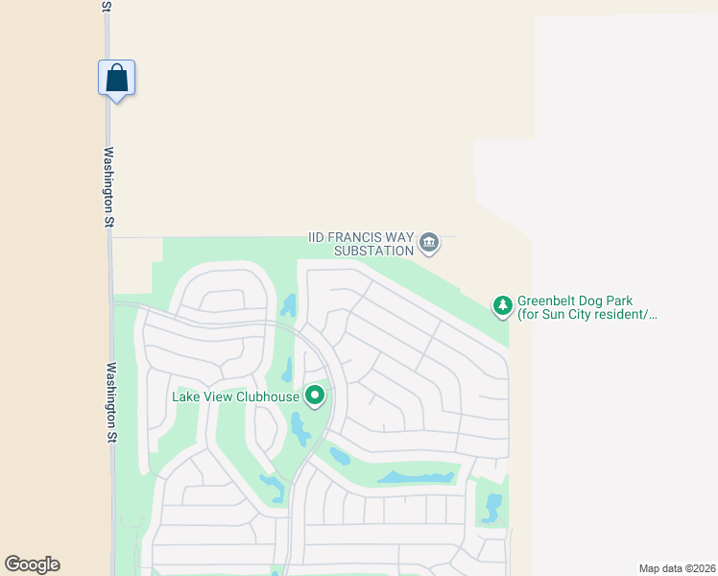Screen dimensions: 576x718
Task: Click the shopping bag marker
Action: pyautogui.click(x=116, y=78)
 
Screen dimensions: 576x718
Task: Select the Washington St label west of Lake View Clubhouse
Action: pyautogui.click(x=112, y=402)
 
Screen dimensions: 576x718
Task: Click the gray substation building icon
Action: pyautogui.click(x=429, y=244)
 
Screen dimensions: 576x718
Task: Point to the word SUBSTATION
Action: pyautogui.click(x=373, y=251)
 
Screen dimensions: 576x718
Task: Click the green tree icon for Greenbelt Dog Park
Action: pyautogui.click(x=502, y=306)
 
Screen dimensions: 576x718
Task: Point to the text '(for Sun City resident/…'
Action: pyautogui.click(x=586, y=314)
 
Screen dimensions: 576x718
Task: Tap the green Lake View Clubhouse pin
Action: pyautogui.click(x=314, y=395)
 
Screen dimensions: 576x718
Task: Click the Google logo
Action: pyautogui.click(x=32, y=564)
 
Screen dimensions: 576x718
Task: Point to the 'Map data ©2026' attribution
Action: pyautogui.click(x=677, y=568)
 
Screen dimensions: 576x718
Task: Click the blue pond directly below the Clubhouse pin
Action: pyautogui.click(x=300, y=429)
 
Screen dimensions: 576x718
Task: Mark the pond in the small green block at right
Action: pyautogui.click(x=493, y=507)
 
